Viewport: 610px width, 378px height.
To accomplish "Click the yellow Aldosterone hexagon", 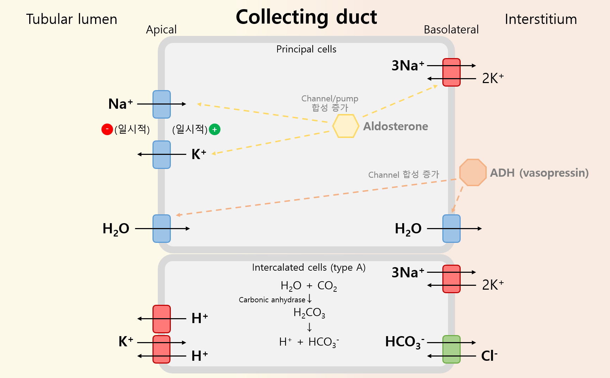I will coord(346,126).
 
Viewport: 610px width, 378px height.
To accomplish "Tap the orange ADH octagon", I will coord(473,172).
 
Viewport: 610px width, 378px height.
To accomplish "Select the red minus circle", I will coord(107,130).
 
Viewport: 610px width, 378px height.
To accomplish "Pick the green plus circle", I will coord(214,130).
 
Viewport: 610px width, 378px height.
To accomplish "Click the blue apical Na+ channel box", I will coord(162,104).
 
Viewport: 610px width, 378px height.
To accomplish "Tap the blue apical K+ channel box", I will coord(162,155).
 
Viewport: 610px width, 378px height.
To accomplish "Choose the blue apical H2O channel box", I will coord(162,228).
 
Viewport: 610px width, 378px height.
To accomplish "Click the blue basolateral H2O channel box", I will coord(451,228).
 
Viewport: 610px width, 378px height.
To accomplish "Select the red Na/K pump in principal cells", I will coord(451,72).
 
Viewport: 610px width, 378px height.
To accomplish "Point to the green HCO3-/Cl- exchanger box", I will coord(451,349).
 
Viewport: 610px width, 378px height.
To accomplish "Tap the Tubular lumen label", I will coord(71,19).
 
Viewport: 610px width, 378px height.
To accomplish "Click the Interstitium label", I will coord(541,19).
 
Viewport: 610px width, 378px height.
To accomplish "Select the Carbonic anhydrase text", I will coord(272,300).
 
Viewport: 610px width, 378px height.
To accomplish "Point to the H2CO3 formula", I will coord(309,313).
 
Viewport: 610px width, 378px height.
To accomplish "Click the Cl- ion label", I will coord(489,356).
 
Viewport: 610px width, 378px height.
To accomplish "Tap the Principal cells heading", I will coord(306,49).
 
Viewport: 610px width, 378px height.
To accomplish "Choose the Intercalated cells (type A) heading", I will coord(309,268).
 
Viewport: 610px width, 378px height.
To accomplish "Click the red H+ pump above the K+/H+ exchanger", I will coord(162,319).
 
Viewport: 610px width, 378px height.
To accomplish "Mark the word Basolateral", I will coord(451,30).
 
